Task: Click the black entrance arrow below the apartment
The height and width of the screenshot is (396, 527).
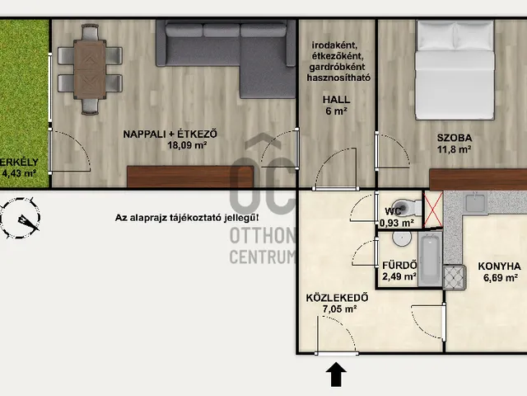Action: tap(336, 374)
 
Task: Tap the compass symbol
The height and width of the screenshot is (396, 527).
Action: tap(20, 218)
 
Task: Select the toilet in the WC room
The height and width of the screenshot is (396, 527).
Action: tap(407, 206)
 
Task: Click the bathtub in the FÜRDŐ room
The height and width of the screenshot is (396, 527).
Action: tap(430, 259)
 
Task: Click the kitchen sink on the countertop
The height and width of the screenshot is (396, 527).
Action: tap(476, 202)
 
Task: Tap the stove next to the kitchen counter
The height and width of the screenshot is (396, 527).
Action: tap(454, 277)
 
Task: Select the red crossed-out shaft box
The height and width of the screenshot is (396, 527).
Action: tap(434, 209)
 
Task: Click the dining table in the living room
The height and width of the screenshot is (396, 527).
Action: tap(90, 69)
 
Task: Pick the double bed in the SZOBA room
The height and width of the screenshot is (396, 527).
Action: tap(455, 69)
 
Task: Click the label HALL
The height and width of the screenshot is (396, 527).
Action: tap(336, 100)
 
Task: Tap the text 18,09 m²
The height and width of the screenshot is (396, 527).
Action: tap(187, 145)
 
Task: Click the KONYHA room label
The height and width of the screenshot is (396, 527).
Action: tap(500, 266)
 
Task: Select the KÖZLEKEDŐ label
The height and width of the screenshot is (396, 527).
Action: tap(333, 298)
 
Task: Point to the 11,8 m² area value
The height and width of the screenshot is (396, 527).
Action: tap(454, 148)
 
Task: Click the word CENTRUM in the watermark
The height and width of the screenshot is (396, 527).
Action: tap(262, 257)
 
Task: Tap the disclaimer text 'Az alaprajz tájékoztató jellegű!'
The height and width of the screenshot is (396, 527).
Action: tap(187, 218)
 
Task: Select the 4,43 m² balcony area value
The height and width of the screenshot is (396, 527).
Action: tap(19, 173)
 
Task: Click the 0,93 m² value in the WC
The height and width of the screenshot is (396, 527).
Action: tap(397, 223)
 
